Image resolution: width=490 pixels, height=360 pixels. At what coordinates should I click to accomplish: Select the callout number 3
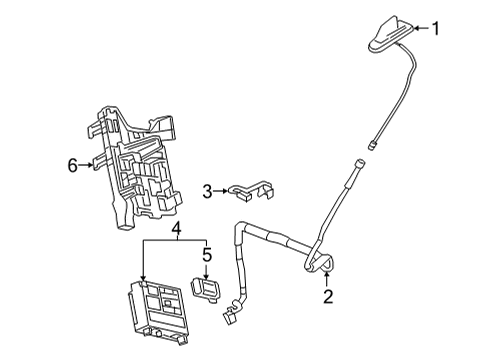(207, 190)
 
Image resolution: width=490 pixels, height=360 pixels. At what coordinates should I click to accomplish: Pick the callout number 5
(208, 256)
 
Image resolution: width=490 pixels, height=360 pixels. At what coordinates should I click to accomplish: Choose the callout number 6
(72, 164)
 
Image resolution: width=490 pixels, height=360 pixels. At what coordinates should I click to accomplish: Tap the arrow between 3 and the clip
(222, 190)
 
